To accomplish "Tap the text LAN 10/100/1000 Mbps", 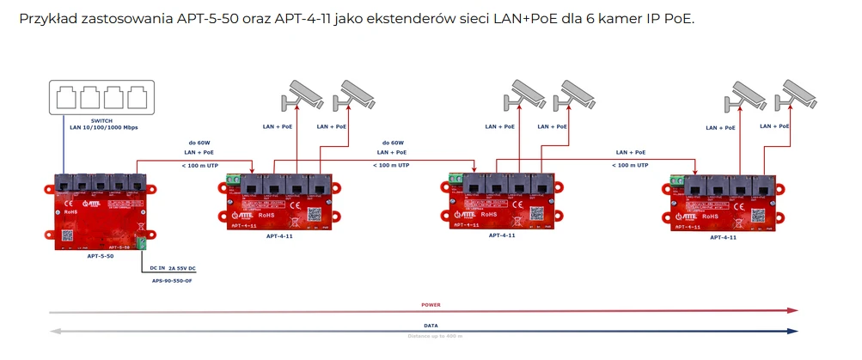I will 103,127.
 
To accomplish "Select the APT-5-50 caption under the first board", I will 101,255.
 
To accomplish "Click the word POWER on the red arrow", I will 431,305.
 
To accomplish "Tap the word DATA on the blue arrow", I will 431,326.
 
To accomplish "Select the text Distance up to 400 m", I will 431,336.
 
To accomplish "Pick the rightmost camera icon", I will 798,93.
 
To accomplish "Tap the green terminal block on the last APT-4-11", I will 676,181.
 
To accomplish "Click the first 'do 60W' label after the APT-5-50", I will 200,143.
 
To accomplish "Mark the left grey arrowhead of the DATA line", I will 55,331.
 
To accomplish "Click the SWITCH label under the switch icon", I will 102,119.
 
